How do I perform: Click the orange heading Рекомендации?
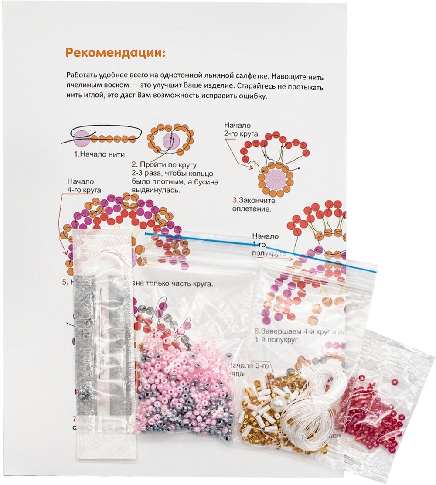coord(116,53)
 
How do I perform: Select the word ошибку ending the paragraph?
coord(250,96)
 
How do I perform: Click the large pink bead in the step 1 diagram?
coord(81,137)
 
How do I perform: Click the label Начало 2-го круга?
coord(241,130)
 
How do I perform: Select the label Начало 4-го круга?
coord(84,185)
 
